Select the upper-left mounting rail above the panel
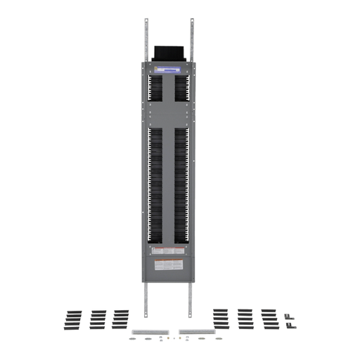click(146, 39)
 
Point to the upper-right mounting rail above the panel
click(191, 39)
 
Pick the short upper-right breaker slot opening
click(181, 88)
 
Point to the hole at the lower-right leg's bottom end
click(191, 314)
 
